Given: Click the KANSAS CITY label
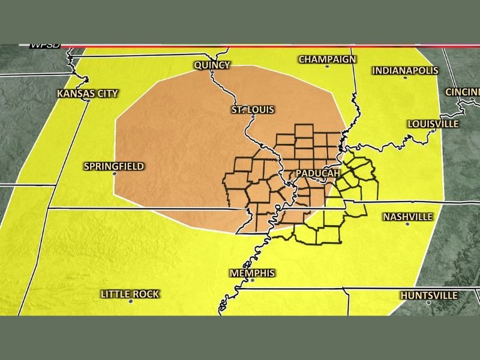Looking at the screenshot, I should [x=87, y=93].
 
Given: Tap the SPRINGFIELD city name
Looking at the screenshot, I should [x=114, y=166].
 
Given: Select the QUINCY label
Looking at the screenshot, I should [x=212, y=65].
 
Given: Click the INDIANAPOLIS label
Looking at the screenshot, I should [x=405, y=70].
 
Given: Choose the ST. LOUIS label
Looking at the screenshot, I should [x=253, y=110].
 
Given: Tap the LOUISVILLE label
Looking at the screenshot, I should [x=433, y=124].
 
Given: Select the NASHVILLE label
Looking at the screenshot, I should [x=408, y=216].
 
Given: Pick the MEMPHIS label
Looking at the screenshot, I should [x=252, y=273].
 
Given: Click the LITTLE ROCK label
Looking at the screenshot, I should [x=130, y=293].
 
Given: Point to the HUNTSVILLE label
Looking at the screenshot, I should [x=428, y=295].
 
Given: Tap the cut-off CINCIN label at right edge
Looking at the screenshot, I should [x=462, y=92].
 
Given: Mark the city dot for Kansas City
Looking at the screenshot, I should [x=88, y=101].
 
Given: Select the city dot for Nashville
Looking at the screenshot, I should [x=407, y=224].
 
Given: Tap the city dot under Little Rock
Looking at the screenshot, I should [x=130, y=301].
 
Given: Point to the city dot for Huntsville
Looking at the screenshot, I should [x=428, y=303].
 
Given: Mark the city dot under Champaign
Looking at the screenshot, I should [x=327, y=66].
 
